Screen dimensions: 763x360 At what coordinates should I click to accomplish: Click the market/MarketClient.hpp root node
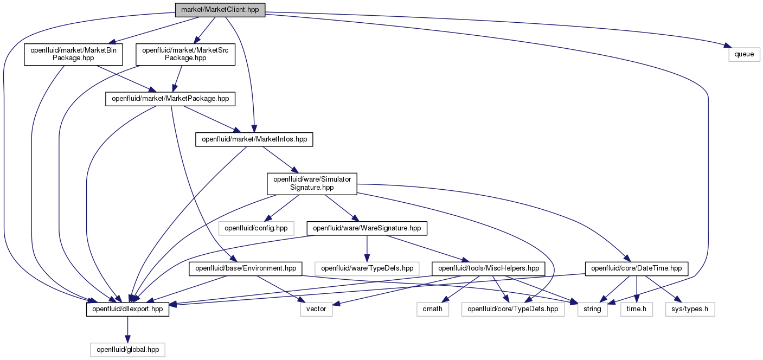(220, 10)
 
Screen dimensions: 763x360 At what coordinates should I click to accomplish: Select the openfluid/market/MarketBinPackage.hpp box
(73, 54)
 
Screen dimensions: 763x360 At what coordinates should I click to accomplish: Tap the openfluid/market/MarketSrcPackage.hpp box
(185, 54)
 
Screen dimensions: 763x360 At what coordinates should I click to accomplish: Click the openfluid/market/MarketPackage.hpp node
(170, 99)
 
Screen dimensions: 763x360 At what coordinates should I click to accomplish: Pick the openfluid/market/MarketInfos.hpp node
(254, 140)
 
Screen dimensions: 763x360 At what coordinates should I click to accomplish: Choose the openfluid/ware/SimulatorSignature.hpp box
(312, 184)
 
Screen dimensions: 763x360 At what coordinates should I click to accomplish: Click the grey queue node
(744, 55)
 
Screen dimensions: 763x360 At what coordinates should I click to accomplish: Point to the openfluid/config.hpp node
(256, 228)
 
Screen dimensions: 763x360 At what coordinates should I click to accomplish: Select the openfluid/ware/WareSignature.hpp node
(367, 228)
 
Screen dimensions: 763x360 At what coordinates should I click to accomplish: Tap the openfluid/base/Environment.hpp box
(246, 269)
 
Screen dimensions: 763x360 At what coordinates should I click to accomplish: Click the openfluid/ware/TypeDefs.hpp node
(367, 269)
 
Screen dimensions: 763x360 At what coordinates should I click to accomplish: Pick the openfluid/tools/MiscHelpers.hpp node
(489, 269)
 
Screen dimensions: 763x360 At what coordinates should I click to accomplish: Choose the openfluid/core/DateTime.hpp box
(637, 269)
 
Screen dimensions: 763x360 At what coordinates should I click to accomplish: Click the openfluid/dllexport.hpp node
(128, 309)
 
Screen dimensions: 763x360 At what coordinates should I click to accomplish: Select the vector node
(316, 309)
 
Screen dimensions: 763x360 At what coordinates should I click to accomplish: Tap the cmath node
(433, 309)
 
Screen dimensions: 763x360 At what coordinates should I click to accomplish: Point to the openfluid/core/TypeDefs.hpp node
(513, 309)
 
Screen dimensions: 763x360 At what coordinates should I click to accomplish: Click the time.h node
(637, 309)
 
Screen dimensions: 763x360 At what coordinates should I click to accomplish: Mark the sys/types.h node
(690, 309)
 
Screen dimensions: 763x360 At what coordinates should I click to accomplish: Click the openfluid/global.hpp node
(128, 350)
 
